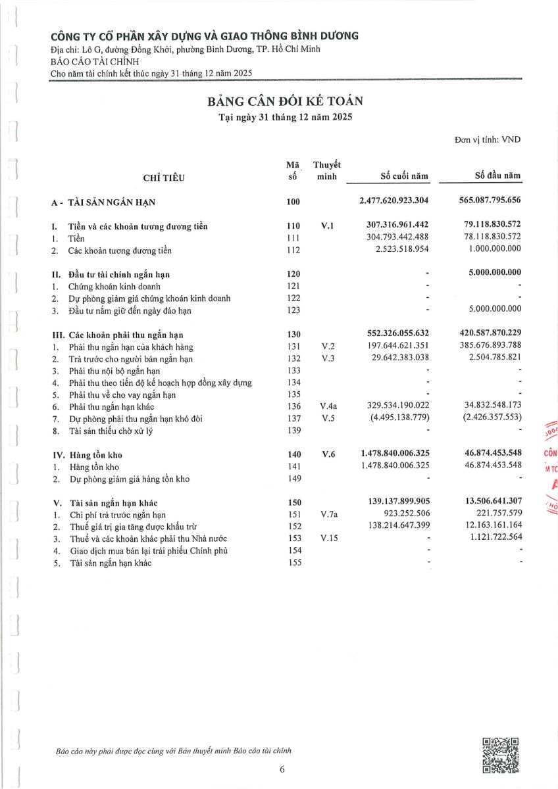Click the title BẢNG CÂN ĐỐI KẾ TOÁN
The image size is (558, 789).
pyautogui.click(x=286, y=101)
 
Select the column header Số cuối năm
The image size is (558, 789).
pyautogui.click(x=405, y=176)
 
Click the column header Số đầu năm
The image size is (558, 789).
pyautogui.click(x=497, y=176)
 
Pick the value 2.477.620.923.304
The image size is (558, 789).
pyautogui.click(x=394, y=201)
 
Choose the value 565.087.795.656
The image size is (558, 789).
pyautogui.click(x=487, y=201)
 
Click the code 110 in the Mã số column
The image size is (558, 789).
pyautogui.click(x=293, y=226)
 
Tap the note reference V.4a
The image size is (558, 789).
pyautogui.click(x=328, y=407)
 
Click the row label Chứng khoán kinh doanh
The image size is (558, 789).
pyautogui.click(x=114, y=286)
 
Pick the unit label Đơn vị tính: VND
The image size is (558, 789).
pyautogui.click(x=487, y=139)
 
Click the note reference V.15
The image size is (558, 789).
pyautogui.click(x=328, y=538)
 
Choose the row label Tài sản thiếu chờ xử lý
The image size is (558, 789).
pyautogui.click(x=112, y=431)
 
